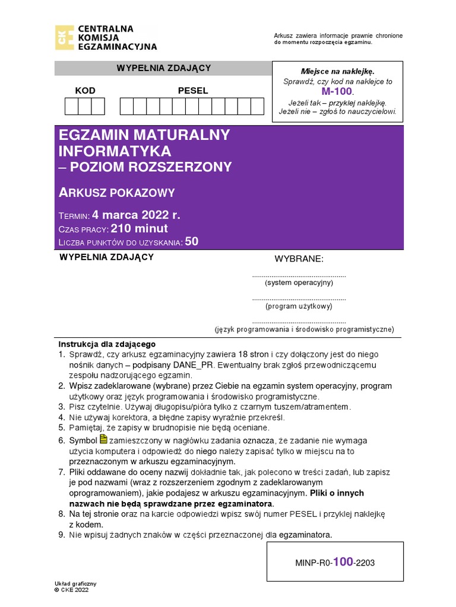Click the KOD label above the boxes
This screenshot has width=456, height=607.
[x=85, y=91]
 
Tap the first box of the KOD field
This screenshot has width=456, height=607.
[x=71, y=106]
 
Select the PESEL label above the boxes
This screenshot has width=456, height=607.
[x=193, y=91]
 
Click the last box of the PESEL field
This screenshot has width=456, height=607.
[x=257, y=106]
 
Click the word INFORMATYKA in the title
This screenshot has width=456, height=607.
[x=115, y=151]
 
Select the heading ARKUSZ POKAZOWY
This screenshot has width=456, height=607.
[x=117, y=192]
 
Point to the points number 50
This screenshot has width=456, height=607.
[x=192, y=241]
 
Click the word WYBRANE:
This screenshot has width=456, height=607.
[x=299, y=260]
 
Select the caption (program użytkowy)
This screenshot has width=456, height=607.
[x=299, y=306]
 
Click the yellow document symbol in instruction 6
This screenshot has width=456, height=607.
[x=104, y=439]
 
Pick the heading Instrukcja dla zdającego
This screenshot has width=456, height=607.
[x=106, y=344]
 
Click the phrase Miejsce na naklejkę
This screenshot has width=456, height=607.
[x=337, y=71]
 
